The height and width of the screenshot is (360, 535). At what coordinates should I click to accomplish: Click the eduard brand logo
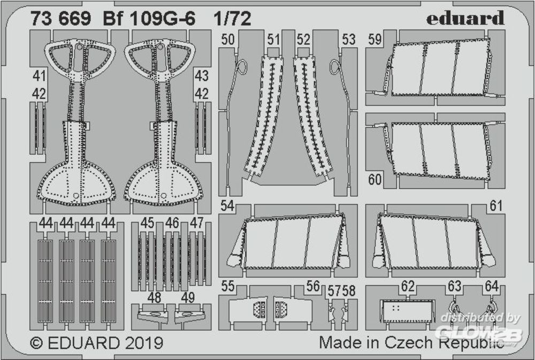pyautogui.click(x=465, y=18)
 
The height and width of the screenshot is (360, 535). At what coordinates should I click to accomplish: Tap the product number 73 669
pyautogui.click(x=61, y=19)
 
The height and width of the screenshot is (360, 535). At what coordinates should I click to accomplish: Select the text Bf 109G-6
pyautogui.click(x=149, y=19)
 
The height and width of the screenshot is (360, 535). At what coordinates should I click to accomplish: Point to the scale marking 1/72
pyautogui.click(x=232, y=19)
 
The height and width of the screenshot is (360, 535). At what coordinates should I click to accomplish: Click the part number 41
pyautogui.click(x=39, y=76)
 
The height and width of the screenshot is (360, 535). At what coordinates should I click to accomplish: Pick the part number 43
pyautogui.click(x=201, y=76)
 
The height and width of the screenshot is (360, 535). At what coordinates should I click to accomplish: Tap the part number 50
pyautogui.click(x=227, y=40)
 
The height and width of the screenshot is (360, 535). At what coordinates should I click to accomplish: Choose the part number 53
pyautogui.click(x=348, y=40)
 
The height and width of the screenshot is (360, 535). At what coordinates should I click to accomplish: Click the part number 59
pyautogui.click(x=374, y=40)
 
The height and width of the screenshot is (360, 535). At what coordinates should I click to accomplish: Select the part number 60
pyautogui.click(x=374, y=180)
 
